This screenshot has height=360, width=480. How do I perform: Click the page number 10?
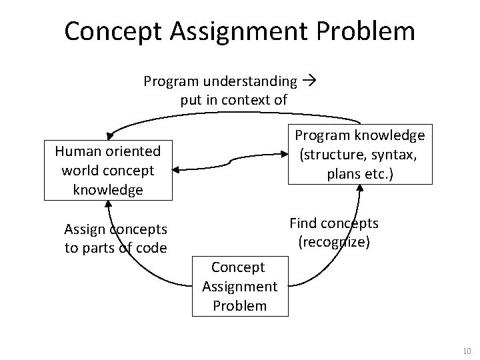click(x=467, y=351)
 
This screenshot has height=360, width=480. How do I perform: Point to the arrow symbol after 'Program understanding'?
click(x=309, y=81)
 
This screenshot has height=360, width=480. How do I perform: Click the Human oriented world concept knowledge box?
click(x=108, y=171)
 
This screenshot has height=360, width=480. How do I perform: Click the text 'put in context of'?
click(x=233, y=101)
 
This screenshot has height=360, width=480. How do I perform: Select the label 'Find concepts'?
click(x=333, y=223)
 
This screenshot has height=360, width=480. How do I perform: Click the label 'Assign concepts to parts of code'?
click(x=115, y=239)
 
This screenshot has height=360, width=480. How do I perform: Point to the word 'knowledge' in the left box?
click(x=108, y=190)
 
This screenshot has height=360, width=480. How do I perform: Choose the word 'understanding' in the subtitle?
click(x=250, y=81)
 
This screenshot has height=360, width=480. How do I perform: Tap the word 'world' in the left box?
click(x=79, y=171)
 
